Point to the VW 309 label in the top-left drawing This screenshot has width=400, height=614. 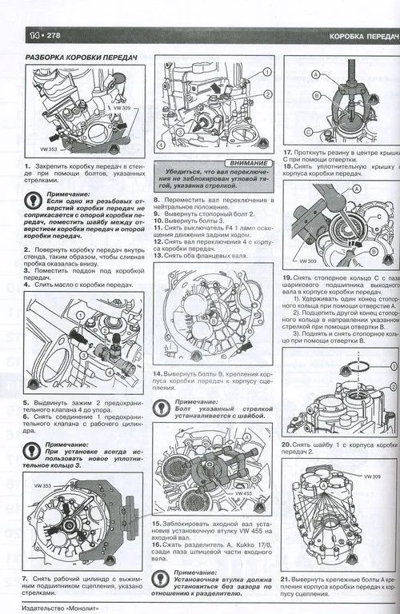(x=122, y=107)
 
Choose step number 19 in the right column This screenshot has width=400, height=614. (x=287, y=277)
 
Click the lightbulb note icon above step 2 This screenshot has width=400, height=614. (x=35, y=203)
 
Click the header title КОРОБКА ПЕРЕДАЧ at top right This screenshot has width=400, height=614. (x=364, y=37)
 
